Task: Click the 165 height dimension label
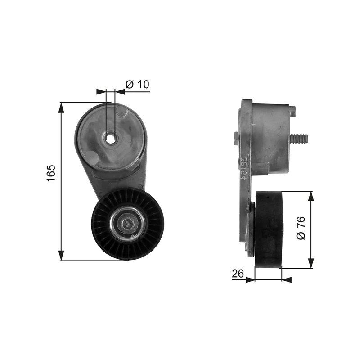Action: (51, 173)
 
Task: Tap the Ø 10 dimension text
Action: (137, 84)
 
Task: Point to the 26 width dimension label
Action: (238, 273)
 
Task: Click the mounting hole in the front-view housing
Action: (110, 138)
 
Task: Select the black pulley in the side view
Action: (268, 229)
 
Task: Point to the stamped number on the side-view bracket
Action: (245, 169)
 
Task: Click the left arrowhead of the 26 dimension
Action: (250, 279)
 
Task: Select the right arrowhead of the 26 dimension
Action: (287, 279)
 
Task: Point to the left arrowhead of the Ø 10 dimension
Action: (101, 92)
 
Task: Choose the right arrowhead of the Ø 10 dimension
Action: (120, 92)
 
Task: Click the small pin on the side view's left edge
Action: (236, 138)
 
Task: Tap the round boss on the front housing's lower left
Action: (91, 157)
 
